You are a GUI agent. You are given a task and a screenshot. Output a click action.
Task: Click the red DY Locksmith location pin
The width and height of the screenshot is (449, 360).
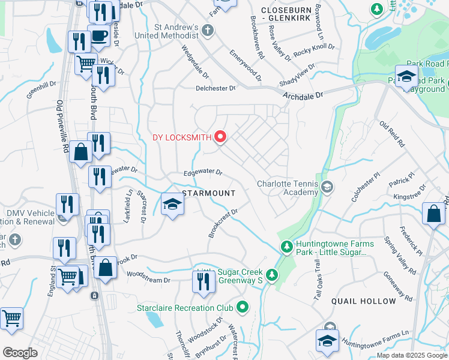point(220,137)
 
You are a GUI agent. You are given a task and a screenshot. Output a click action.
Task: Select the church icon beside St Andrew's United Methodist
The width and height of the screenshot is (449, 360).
point(207,31)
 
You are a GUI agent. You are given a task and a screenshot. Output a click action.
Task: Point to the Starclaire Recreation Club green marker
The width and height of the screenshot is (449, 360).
point(243,308)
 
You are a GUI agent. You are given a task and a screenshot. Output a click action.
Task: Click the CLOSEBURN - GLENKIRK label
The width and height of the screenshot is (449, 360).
point(292,10)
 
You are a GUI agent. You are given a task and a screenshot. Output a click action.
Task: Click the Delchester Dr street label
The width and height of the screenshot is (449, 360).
point(216,88)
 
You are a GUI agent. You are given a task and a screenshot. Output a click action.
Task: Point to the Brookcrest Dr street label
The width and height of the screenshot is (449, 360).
point(224,222)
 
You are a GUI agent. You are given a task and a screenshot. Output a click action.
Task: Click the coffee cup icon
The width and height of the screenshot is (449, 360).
point(98,35)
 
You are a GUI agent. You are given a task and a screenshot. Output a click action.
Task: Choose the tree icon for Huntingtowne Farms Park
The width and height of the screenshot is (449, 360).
point(288,247)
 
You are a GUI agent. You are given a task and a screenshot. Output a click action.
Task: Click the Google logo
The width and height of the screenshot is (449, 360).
point(20,353)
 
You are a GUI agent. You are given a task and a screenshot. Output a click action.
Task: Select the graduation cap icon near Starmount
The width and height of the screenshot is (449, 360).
point(172,205)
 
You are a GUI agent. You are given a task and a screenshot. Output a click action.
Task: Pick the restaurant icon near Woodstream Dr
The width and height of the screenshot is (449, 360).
point(203,281)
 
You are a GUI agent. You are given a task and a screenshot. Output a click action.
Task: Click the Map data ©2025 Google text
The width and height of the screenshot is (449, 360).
point(411,355)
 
